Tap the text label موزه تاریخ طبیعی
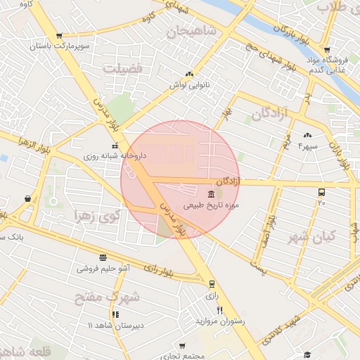point(212,206)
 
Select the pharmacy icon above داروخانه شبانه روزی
point(115,146)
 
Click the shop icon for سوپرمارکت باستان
point(59,35)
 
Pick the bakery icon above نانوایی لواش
point(189,74)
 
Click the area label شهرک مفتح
point(107,297)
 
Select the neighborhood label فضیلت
point(124,68)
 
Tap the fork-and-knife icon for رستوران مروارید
point(220,310)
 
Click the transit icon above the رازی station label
point(212,284)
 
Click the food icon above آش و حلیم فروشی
point(103,257)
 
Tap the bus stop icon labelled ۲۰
point(321,192)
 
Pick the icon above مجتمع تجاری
point(183,346)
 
